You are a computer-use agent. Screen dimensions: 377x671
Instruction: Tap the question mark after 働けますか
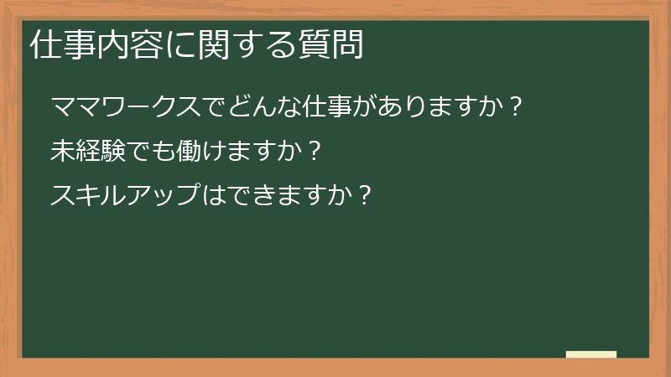point(313,152)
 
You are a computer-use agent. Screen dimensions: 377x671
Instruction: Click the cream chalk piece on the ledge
point(591,354)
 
